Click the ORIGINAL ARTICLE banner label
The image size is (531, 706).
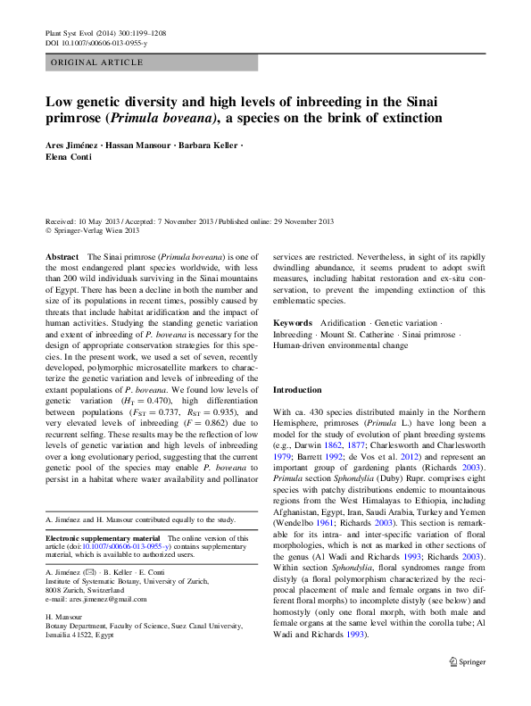(96, 62)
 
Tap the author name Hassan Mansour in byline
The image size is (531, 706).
(145, 143)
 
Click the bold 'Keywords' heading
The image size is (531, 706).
(292, 322)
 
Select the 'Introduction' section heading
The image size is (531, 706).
(298, 390)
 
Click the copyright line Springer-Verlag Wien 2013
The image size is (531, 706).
(98, 230)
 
